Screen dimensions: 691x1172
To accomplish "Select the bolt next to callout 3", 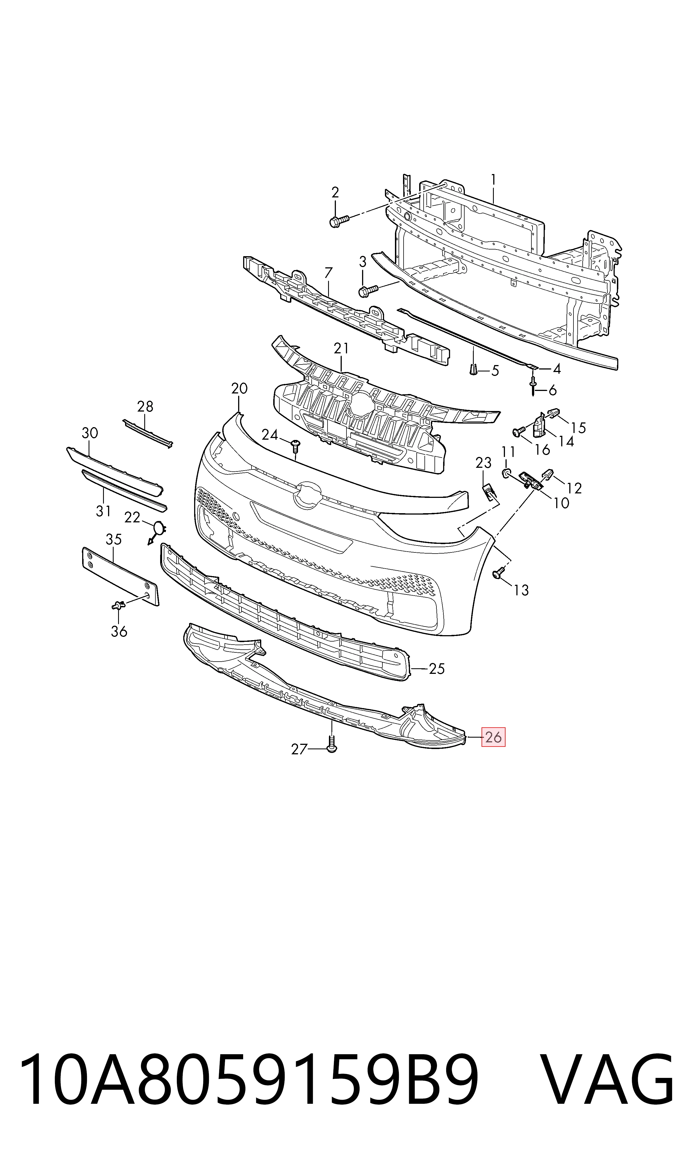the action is click(367, 291).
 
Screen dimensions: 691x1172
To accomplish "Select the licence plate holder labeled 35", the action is click(120, 576).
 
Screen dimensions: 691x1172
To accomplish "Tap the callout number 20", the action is click(239, 389).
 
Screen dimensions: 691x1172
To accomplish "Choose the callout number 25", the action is click(437, 669).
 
